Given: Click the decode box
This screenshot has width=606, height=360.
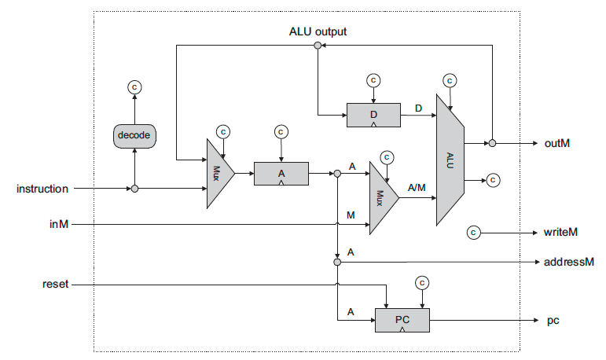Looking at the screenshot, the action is tap(134, 136).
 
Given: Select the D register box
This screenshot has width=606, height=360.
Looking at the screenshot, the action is tap(373, 115).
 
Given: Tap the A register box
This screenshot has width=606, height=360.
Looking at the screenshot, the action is tap(281, 174).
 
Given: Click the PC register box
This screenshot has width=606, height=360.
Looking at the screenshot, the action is tap(402, 320).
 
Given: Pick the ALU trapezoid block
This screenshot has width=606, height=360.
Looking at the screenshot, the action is tap(450, 160).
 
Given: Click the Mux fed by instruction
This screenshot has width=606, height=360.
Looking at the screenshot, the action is tap(220, 173).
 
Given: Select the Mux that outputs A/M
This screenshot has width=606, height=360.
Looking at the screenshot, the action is tap(384, 198).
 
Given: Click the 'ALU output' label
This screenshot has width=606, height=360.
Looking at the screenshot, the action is tap(318, 31).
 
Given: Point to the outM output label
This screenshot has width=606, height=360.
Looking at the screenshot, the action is tap(557, 143).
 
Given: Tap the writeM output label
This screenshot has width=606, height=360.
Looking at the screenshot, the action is tap(560, 232).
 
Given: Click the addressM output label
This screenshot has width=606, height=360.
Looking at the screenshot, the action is tap(568, 262).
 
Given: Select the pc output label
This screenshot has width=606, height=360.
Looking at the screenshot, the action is tap(553, 321).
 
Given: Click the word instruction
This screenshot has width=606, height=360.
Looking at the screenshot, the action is tap(42, 189).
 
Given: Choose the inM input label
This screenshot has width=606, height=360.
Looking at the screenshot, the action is tap(59, 224).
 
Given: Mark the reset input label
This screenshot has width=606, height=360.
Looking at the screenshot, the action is tap(55, 284).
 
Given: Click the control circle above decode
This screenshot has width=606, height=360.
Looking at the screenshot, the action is tap(134, 87).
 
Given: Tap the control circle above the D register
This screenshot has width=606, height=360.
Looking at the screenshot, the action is tap(373, 80).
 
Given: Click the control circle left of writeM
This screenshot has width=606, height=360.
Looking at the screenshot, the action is tap(473, 233).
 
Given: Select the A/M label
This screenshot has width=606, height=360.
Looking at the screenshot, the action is tap(417, 188).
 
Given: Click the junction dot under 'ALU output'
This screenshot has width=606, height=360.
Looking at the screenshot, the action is tap(318, 46).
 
